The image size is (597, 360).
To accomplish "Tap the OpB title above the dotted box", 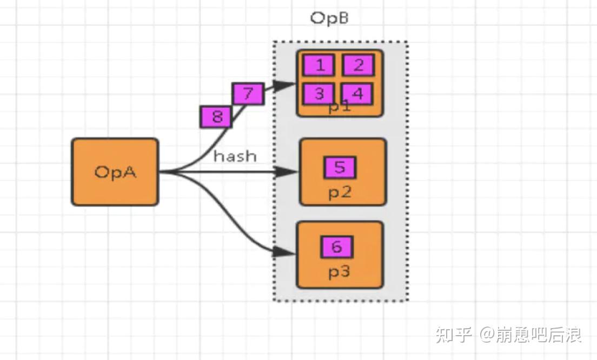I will point(329,18).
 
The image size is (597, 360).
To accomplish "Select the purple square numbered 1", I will point(319,65).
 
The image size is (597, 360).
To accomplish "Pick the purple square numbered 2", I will point(358,65).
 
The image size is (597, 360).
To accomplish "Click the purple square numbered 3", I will point(319,94).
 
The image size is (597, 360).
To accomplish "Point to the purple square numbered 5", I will point(339,168).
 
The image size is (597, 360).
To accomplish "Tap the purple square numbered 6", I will point(336,247).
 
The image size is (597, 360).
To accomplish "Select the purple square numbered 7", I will point(248,94).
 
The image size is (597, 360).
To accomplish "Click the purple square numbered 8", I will point(216,117).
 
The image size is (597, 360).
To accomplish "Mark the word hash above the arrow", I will point(235,156).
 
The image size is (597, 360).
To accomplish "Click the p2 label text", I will point(340,193).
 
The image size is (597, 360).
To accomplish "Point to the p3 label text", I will point(340,272).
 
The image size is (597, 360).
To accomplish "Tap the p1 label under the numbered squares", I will point(340,107).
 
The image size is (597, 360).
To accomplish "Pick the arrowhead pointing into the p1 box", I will point(284,85).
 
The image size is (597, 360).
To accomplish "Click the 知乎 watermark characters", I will point(454,335).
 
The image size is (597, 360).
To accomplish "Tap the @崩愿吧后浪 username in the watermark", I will point(530,335).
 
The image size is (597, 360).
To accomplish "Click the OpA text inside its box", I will point(115,172).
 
